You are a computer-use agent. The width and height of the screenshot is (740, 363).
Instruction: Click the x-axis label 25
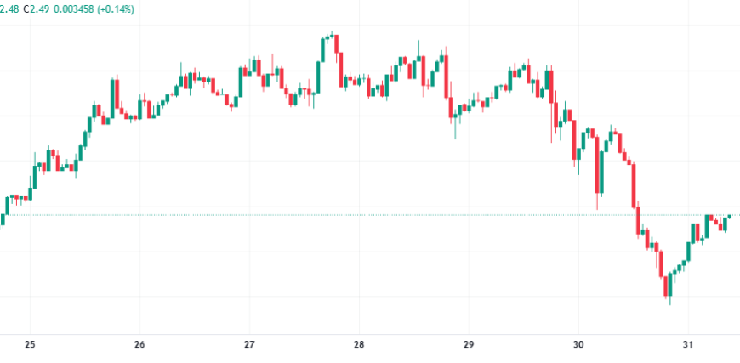tap(30, 345)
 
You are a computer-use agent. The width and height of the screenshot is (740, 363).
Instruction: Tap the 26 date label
tap(139, 345)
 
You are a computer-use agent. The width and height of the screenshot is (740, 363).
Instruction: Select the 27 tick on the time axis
tap(249, 345)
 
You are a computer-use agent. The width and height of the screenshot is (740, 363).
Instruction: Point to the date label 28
tap(359, 345)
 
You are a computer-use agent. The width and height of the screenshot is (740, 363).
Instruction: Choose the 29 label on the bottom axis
tap(468, 345)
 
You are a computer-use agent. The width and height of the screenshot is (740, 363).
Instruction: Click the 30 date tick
tap(578, 345)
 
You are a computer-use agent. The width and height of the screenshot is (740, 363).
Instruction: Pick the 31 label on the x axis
tap(688, 345)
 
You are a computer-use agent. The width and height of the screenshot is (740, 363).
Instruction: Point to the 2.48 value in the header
tap(8, 9)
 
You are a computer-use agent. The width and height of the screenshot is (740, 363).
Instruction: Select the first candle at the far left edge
tap(3, 220)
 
